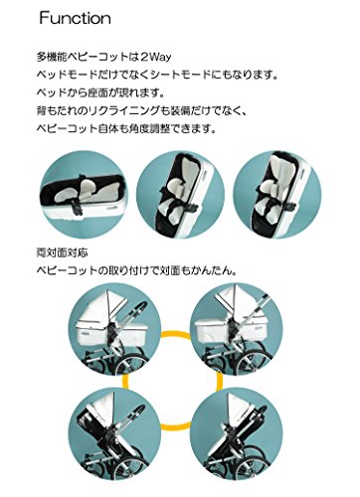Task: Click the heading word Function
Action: click(x=75, y=18)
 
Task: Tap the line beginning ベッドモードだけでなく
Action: click(x=157, y=75)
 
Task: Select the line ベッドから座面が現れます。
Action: click(x=100, y=92)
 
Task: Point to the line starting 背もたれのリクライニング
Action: click(x=141, y=110)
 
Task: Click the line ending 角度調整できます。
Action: click(x=126, y=128)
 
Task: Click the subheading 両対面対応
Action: click(x=62, y=253)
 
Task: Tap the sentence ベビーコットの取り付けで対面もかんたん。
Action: click(x=136, y=271)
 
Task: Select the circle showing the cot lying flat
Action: click(x=84, y=195)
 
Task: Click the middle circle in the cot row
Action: click(x=181, y=195)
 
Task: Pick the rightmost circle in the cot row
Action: click(x=277, y=195)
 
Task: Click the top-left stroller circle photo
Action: click(x=114, y=328)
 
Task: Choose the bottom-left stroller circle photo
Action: click(x=114, y=433)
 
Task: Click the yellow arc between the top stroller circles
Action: click(x=175, y=333)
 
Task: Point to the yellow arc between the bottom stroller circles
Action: click(x=175, y=427)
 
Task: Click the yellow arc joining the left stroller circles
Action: click(x=124, y=381)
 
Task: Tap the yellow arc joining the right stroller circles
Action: click(x=220, y=381)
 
